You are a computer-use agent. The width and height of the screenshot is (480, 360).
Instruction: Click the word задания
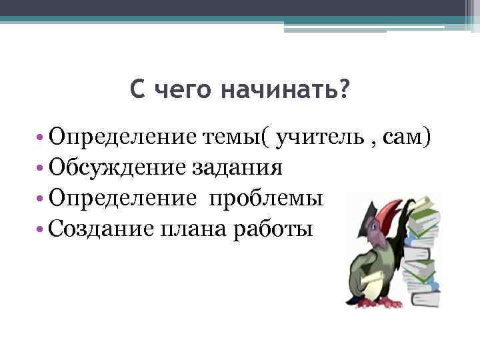click(x=237, y=167)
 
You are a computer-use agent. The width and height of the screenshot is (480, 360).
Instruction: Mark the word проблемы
click(x=267, y=198)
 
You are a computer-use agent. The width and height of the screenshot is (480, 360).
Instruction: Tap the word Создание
click(x=101, y=229)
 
